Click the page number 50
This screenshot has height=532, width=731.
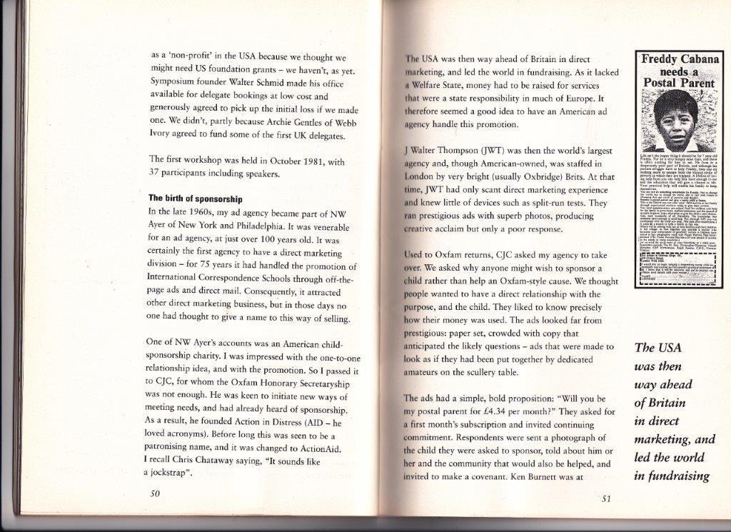(x=155, y=493)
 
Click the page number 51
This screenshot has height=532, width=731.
(x=605, y=498)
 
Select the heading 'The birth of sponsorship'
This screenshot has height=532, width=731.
(x=195, y=198)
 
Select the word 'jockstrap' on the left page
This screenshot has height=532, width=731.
(x=171, y=473)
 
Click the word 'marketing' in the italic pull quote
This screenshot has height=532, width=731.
(x=663, y=439)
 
